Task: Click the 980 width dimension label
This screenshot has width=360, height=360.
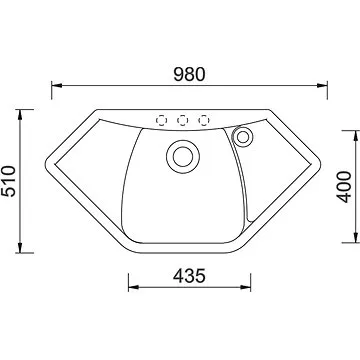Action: click(189, 75)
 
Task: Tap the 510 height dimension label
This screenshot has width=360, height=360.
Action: click(8, 181)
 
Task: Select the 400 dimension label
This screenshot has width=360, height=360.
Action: click(344, 187)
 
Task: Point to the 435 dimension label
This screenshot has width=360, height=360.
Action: click(189, 276)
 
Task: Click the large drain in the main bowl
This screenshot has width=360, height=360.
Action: click(183, 156)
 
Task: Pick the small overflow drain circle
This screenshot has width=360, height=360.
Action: click(243, 137)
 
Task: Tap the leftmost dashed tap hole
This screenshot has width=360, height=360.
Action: click(161, 120)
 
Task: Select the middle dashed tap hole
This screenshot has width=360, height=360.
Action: click(182, 120)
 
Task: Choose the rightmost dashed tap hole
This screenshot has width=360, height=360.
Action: click(204, 120)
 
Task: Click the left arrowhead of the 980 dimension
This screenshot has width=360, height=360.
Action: click(57, 85)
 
